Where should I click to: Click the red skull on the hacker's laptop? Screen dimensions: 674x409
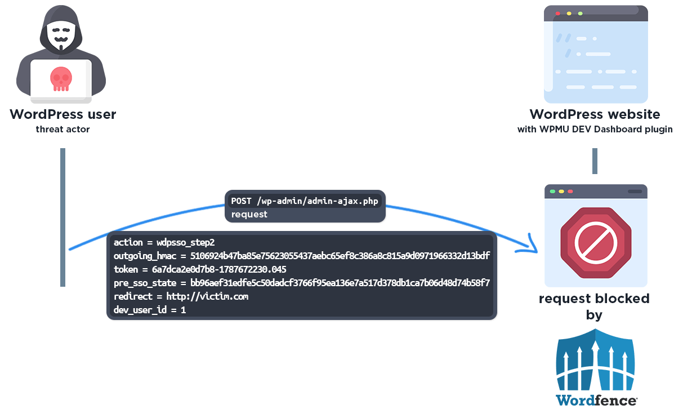[61, 79]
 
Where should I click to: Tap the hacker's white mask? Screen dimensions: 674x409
[61, 34]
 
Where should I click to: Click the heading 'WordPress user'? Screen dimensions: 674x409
[63, 114]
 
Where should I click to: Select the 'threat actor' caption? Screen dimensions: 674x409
[63, 129]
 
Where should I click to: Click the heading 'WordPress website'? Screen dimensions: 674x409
[595, 114]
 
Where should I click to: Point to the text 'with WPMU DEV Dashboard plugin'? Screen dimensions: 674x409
[595, 130]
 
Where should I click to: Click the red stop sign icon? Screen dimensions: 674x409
[596, 243]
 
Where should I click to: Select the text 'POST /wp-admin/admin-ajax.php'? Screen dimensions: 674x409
[305, 201]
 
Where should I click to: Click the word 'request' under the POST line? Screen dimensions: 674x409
[249, 214]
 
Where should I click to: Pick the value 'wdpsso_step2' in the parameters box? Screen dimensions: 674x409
[185, 243]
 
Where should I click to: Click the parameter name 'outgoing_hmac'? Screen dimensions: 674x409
[145, 256]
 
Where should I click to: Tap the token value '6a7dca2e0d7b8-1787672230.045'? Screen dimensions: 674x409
[219, 270]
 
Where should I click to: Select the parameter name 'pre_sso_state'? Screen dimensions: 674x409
[145, 283]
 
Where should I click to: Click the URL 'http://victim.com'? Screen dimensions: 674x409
[207, 296]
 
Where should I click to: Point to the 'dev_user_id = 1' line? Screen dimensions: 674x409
[150, 310]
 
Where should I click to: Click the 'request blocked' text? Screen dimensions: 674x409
[594, 299]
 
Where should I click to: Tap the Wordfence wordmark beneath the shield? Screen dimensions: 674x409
[597, 401]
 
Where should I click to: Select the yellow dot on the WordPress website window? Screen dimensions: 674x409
[569, 14]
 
